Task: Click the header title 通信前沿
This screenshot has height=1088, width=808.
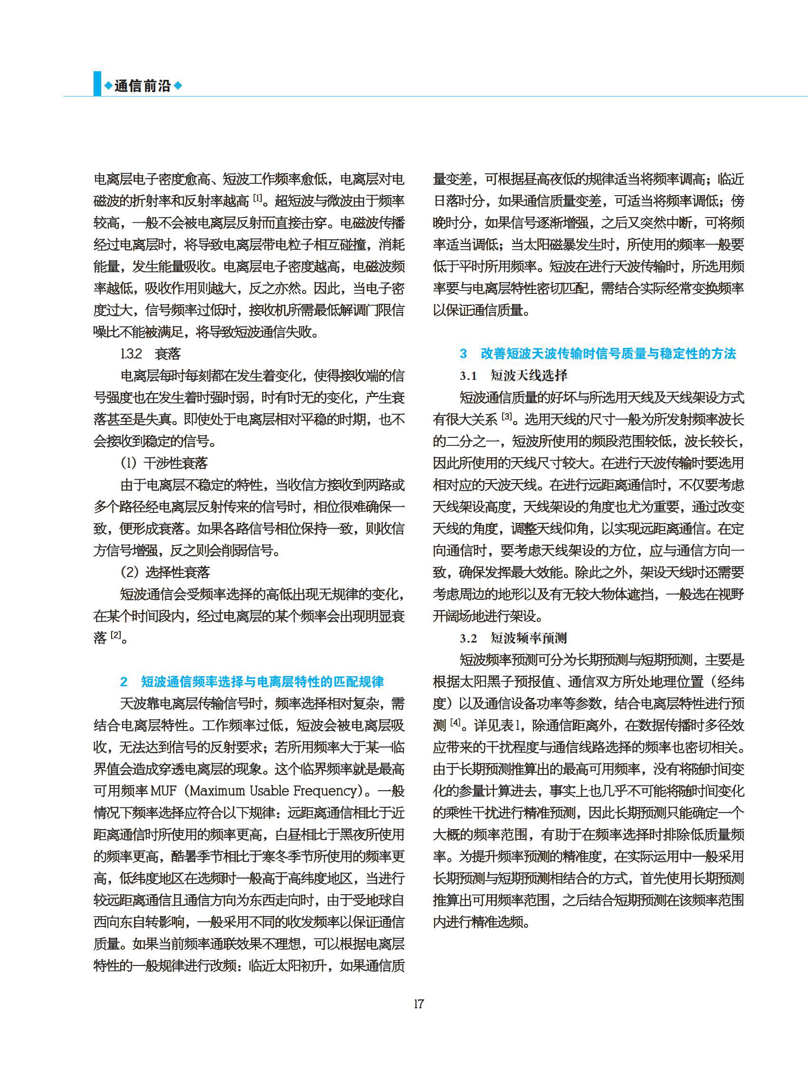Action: tap(143, 86)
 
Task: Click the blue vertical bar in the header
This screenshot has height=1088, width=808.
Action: tap(97, 84)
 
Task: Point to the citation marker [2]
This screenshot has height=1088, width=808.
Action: tap(115, 635)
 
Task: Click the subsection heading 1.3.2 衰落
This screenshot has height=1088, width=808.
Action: tap(151, 353)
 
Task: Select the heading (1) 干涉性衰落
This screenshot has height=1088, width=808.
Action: tap(164, 463)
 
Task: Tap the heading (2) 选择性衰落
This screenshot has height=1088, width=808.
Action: tap(165, 572)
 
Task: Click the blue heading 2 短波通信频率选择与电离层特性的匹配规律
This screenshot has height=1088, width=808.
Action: tap(252, 681)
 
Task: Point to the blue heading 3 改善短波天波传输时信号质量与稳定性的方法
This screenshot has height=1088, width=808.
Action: tap(598, 353)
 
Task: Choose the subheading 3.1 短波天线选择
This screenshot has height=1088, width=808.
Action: tap(513, 376)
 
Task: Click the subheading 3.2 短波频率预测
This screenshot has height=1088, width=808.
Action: tap(513, 638)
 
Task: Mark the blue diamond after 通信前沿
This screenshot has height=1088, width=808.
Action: tap(178, 86)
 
